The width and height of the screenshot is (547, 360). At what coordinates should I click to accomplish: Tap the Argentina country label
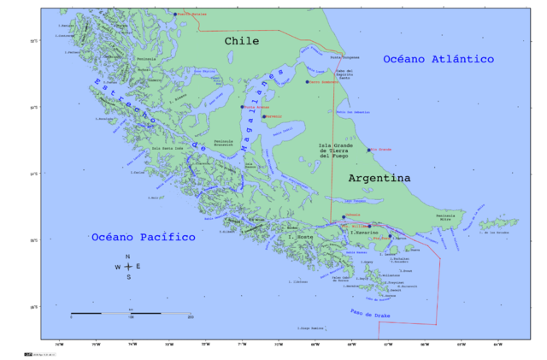click(379, 178)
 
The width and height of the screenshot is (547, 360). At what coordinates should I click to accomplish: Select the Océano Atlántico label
click(438, 59)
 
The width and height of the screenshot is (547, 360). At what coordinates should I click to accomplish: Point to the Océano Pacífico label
click(144, 237)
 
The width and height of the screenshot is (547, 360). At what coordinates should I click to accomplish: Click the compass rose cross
click(128, 267)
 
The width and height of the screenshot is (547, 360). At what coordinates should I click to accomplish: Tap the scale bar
click(131, 313)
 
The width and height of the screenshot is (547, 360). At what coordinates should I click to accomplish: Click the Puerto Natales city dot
click(174, 15)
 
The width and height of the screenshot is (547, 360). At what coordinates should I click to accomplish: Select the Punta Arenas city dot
click(243, 108)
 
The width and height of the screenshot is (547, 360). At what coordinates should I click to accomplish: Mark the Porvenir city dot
click(264, 116)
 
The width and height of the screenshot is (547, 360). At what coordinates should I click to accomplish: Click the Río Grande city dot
click(369, 150)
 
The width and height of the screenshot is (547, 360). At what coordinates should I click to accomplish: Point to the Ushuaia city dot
click(344, 216)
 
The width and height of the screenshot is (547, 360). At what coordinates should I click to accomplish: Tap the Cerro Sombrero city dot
click(307, 82)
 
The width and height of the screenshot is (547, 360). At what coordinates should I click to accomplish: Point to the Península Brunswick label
click(223, 143)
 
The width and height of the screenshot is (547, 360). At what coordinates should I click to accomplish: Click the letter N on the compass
click(128, 257)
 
